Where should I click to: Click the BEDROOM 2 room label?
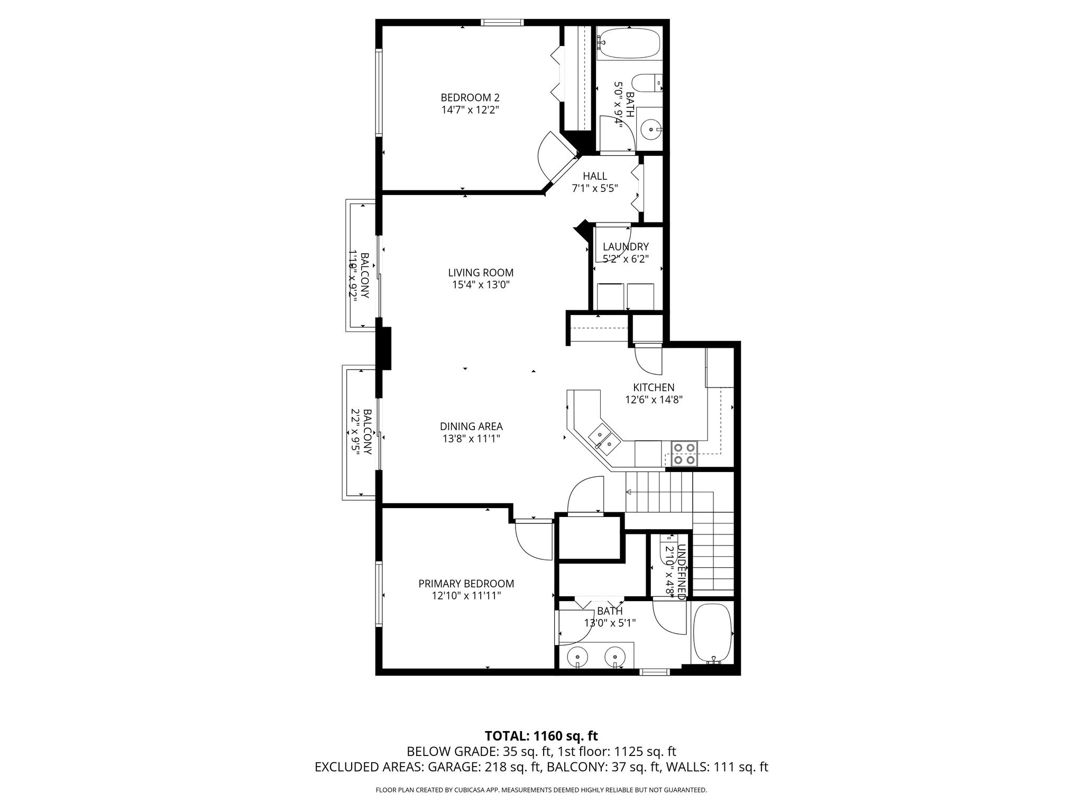[470, 98]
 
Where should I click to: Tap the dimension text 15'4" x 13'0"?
[481, 285]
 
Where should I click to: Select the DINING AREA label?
[471, 426]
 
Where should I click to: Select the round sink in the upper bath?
[650, 128]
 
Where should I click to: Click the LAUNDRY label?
[626, 247]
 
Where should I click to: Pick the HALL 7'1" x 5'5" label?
[595, 182]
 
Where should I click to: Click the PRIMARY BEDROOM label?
[466, 584]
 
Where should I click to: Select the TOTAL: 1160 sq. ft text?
[541, 736]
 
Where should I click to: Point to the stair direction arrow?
[629, 492]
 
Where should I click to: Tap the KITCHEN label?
[654, 387]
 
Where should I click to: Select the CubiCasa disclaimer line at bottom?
[541, 790]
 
